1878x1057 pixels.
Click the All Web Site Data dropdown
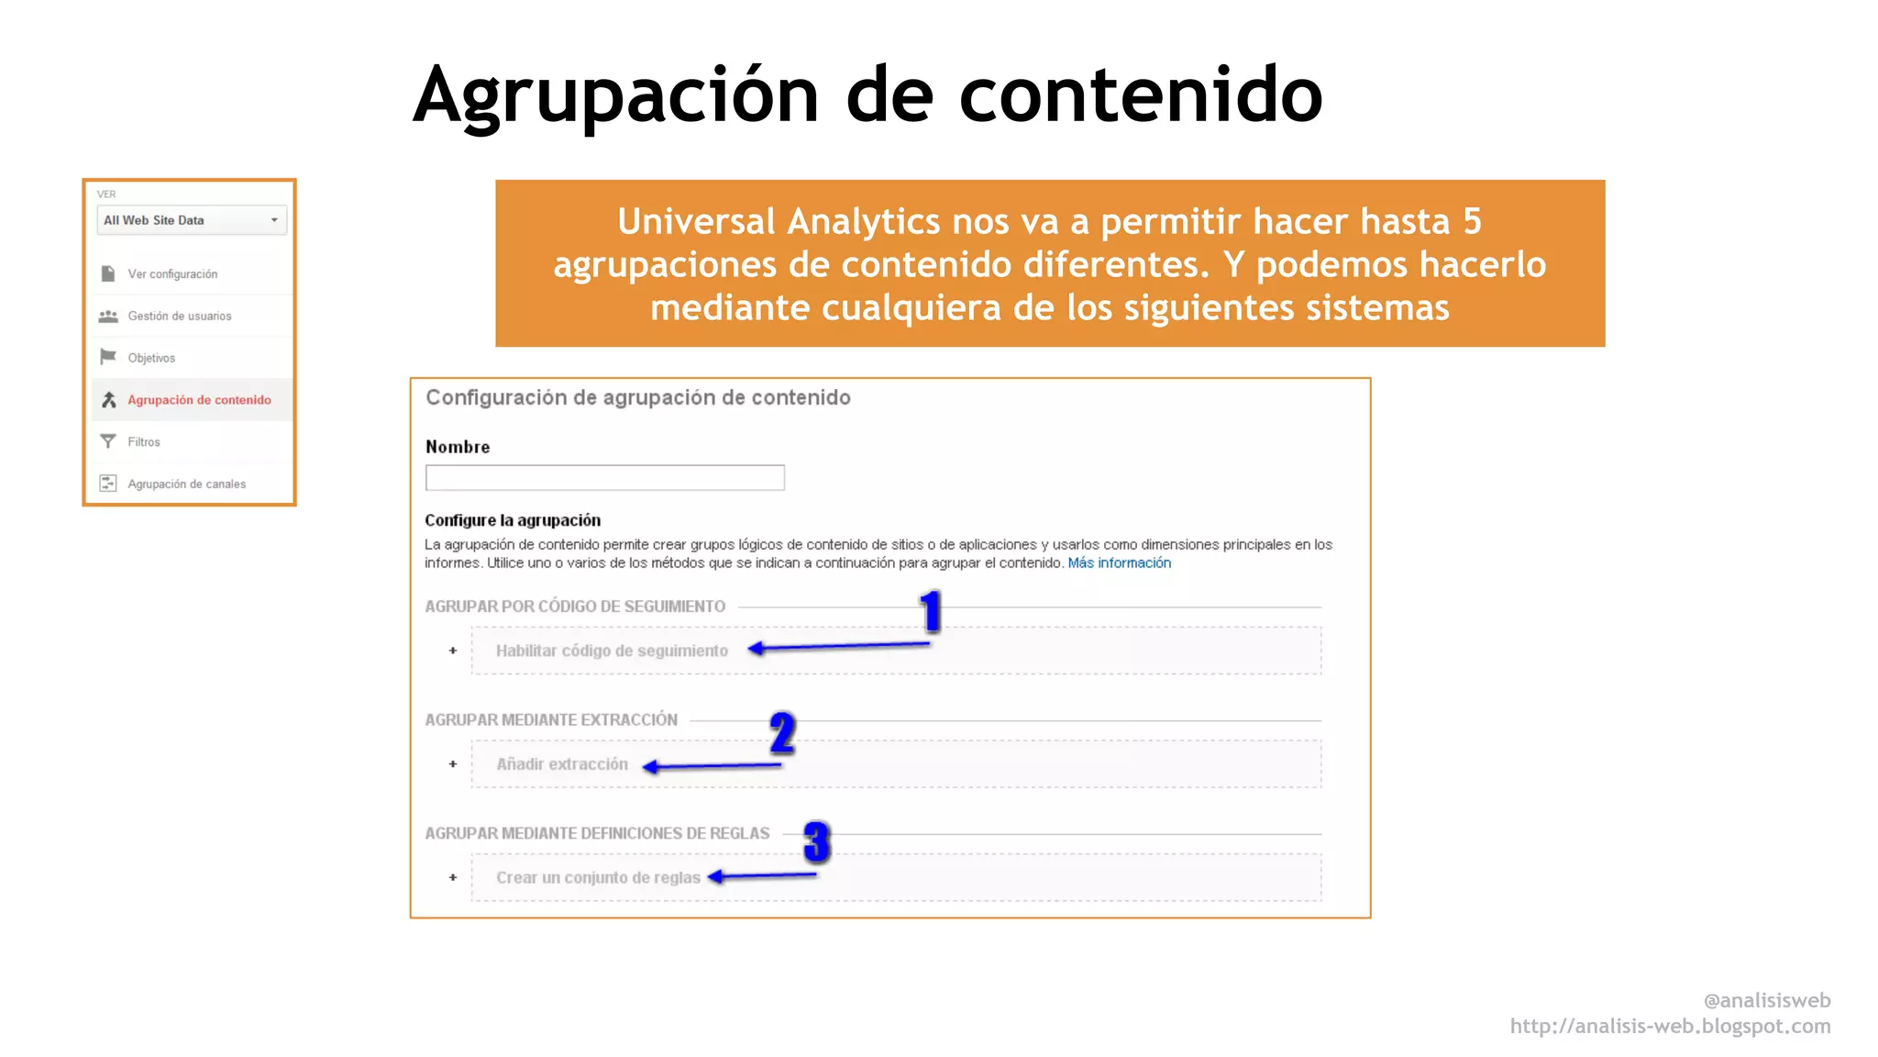coord(191,220)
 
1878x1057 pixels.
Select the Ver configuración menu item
coord(172,274)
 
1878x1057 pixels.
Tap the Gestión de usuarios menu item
coord(179,317)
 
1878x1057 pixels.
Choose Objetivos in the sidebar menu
coord(151,359)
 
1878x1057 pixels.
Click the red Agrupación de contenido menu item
coord(199,400)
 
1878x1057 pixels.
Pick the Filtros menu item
coord(144,442)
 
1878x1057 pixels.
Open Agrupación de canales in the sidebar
coord(186,484)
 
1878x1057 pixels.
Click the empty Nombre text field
coord(604,478)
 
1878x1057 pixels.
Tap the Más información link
coord(1119,563)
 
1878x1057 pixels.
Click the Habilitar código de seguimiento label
coord(612,651)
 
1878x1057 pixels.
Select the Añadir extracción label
coord(562,764)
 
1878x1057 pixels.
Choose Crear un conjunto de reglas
coord(598,878)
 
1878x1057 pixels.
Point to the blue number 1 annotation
coord(931,612)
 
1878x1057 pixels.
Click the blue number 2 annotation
coord(782,733)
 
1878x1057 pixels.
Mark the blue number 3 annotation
coord(816,842)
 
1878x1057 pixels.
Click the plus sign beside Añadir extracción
coord(453,764)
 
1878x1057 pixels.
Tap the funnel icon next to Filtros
coord(108,442)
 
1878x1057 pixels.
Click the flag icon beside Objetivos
coord(108,357)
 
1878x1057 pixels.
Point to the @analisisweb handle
coord(1766,1000)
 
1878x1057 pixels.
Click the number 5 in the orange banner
coord(1472,221)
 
